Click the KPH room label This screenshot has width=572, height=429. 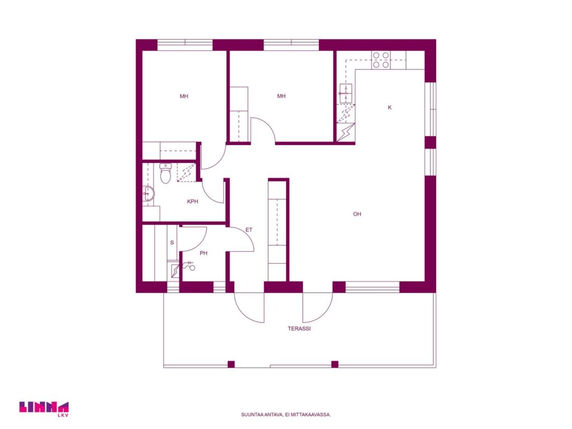pos(193,201)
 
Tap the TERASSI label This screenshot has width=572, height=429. pos(299,328)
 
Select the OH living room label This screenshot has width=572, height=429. pos(357,214)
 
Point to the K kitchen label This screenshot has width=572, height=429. pos(389,107)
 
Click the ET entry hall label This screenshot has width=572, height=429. pos(249,230)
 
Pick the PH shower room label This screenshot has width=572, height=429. pos(203,253)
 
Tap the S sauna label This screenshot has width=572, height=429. pos(172,242)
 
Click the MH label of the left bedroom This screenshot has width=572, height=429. pos(184,96)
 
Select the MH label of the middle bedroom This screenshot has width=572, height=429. pos(282,96)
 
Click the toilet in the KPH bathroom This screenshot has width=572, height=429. pos(165,173)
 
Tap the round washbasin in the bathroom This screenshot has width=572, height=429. pos(149,193)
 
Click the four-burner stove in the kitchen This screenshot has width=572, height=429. pos(381,60)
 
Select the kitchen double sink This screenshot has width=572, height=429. pos(346,94)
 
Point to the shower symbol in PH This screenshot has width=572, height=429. pos(190,266)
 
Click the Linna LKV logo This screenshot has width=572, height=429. pos(44,409)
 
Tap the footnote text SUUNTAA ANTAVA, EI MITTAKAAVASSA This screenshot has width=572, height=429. pos(286,415)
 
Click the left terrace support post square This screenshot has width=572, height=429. pos(231,364)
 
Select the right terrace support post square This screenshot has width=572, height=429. pos(335,364)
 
